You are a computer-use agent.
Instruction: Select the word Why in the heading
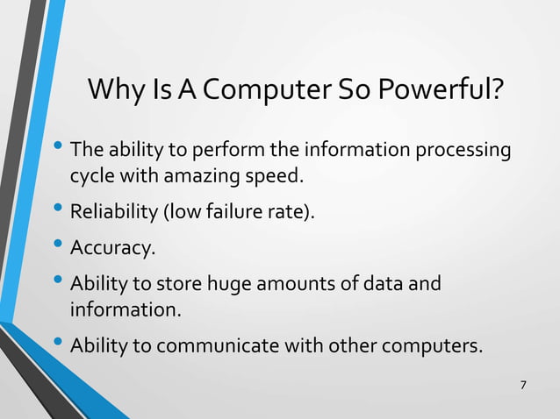(115, 90)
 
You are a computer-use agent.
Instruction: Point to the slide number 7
(524, 386)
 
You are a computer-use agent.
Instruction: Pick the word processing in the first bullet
(465, 151)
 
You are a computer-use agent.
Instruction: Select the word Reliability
(110, 212)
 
